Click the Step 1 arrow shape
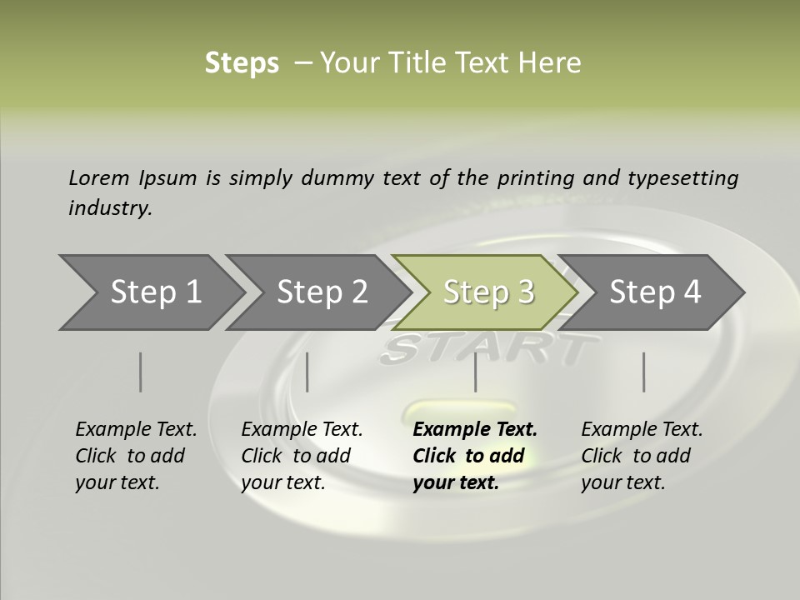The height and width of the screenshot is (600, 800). pos(150,292)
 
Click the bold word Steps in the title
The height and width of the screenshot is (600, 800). pos(242,63)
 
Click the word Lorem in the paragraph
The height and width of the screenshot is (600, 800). pos(99,177)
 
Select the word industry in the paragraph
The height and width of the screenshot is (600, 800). pos(110,207)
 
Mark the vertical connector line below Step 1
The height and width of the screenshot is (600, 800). pos(140,372)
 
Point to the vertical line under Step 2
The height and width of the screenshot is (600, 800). pos(307,372)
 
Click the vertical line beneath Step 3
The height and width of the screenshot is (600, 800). pos(475,372)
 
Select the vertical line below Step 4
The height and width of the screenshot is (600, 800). pos(643,372)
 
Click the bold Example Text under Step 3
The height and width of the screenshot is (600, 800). pos(475,429)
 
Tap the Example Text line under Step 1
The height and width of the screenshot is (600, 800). pos(136,429)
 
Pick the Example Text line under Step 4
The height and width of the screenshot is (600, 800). pos(642,429)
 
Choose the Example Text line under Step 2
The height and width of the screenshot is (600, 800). pos(302,429)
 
